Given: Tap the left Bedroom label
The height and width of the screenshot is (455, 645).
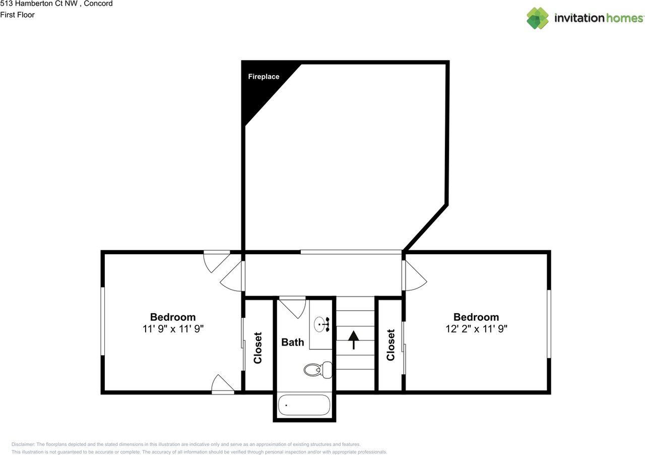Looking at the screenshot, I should [x=173, y=317].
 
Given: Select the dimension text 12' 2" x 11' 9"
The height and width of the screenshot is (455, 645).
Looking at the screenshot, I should [x=476, y=329].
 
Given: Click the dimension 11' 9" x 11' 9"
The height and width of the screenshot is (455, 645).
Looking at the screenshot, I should [x=173, y=329].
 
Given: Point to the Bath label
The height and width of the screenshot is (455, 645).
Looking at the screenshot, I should [x=293, y=343].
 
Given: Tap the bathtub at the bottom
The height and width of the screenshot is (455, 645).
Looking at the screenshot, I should [x=303, y=405].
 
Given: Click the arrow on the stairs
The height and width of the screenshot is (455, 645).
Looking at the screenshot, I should [x=353, y=339].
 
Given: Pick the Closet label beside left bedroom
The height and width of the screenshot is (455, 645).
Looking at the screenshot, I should [x=258, y=348].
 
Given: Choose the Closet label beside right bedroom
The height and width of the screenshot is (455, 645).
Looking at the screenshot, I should [x=391, y=345].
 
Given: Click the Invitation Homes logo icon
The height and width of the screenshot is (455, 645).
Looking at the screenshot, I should [x=538, y=18].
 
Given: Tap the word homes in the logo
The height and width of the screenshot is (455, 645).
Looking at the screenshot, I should [x=624, y=19].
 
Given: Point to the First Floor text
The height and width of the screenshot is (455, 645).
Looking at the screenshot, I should [x=18, y=15].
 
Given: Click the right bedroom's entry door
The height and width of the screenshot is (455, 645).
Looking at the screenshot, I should [x=414, y=276].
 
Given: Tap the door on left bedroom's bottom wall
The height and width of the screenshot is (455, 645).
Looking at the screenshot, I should [x=222, y=384].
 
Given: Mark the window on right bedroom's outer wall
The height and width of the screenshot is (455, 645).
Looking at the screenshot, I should [x=549, y=324].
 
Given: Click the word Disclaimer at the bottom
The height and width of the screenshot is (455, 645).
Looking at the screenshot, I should [x=23, y=444].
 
